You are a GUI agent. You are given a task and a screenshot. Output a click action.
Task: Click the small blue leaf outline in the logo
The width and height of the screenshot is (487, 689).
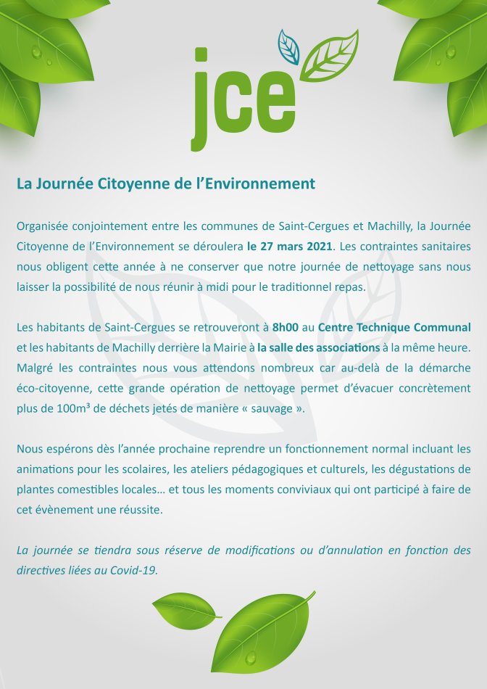[x=289, y=46]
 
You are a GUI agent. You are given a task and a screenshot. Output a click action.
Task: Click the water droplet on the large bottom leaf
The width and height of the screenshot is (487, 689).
[x=251, y=657]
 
